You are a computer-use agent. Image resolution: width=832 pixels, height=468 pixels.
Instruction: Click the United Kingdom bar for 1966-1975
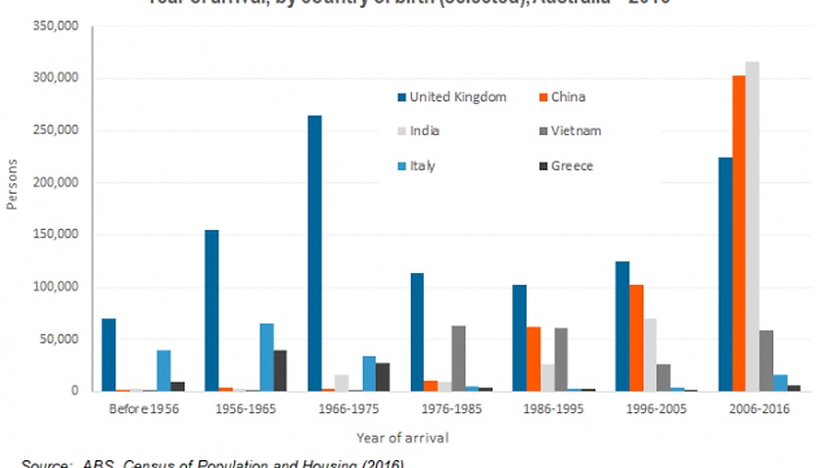[314, 254]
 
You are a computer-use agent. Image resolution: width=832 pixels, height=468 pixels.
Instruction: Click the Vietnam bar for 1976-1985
[459, 358]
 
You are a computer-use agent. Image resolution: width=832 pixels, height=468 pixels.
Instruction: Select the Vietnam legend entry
[575, 130]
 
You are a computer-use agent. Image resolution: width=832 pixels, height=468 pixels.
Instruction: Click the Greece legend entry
[573, 165]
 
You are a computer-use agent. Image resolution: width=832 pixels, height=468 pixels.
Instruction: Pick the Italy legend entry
[422, 165]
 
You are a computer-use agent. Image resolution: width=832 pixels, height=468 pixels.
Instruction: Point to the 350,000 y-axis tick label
[56, 25]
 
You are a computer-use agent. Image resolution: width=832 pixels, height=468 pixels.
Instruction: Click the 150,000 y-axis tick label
[56, 235]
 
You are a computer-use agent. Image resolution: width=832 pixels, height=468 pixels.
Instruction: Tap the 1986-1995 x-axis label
[547, 409]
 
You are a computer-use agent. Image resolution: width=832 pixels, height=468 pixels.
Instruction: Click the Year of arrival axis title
[403, 438]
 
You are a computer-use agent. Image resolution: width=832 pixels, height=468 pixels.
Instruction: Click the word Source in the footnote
[42, 463]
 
